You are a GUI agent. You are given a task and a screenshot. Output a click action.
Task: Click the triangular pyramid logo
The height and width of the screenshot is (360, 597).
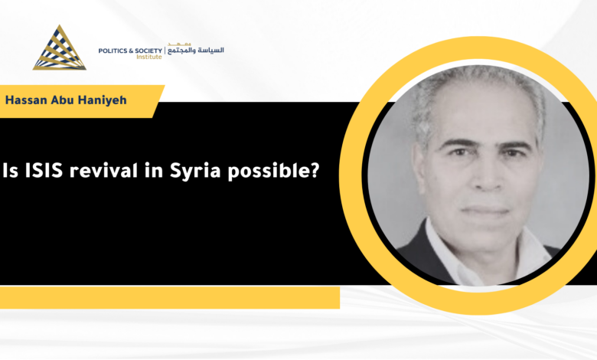coord(60,48)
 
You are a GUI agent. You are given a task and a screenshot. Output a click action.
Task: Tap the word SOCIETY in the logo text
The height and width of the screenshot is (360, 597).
coord(148,51)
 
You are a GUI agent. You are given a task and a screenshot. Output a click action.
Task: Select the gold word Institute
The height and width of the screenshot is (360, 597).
coord(149,57)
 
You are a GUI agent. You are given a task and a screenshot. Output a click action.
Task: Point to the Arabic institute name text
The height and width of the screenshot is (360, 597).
coord(196,50)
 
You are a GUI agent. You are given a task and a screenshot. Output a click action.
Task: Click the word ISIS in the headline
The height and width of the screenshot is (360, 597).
coord(44,170)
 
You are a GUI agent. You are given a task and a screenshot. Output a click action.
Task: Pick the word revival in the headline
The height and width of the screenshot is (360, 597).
coord(103,170)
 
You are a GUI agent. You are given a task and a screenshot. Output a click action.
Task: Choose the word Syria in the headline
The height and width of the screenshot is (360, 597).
coord(195,171)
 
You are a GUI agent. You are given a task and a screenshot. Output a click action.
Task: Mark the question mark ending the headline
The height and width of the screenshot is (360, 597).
coord(314,170)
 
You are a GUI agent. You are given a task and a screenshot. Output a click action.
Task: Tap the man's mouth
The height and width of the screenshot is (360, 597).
coord(485,211)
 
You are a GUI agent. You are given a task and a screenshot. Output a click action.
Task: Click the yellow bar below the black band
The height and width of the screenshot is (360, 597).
coord(170,297)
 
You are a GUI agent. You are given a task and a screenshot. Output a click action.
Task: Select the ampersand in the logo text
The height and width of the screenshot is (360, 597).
coord(129,51)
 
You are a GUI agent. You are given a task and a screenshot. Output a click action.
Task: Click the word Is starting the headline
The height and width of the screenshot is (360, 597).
coord(10,170)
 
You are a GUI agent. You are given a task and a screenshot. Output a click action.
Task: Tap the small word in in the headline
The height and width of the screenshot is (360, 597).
coord(153,170)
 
